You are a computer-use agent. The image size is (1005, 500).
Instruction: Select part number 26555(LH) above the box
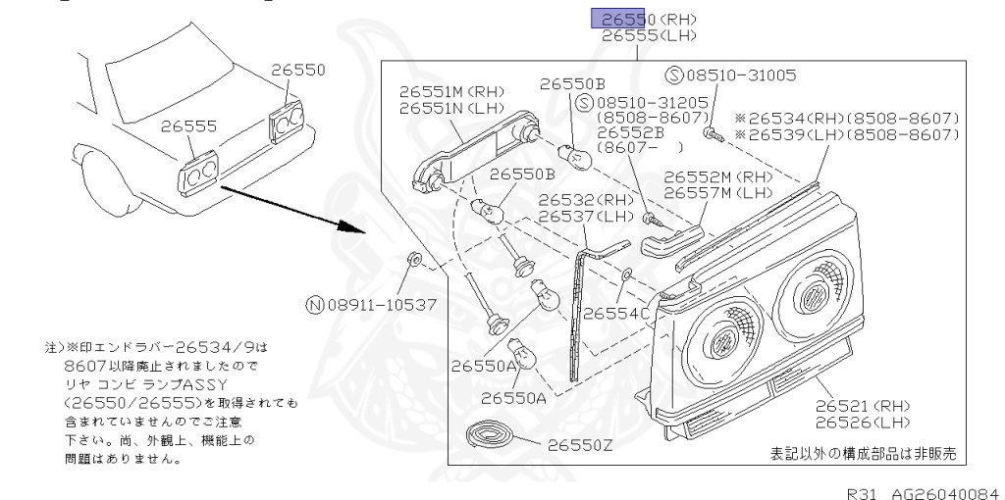647,34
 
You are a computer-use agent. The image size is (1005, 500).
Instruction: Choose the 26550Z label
579,444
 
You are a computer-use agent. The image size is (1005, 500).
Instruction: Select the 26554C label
616,313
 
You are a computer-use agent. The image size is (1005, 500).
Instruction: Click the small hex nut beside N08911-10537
414,260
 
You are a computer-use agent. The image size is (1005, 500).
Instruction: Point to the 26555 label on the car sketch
190,126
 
